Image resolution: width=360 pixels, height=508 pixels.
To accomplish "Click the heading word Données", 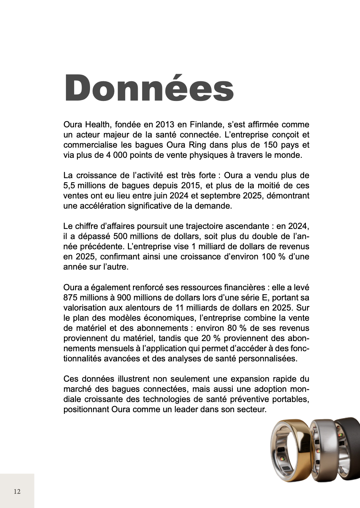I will pos(149,88).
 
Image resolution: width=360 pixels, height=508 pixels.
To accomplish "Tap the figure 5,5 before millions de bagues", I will pos(70,186).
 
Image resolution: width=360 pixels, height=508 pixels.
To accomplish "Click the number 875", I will pos(71,298).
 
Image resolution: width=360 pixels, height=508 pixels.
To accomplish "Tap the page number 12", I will pos(17,491).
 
